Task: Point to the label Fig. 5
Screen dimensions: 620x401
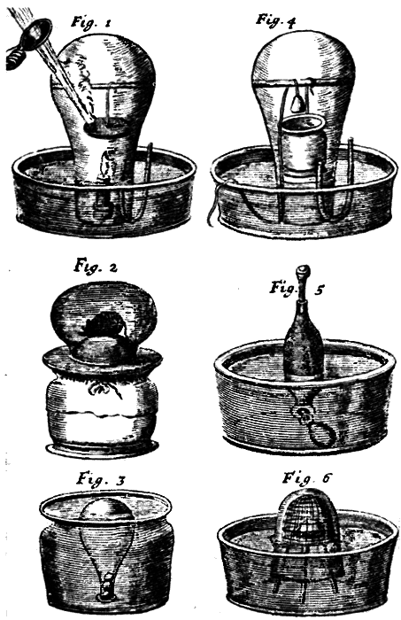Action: [284, 289]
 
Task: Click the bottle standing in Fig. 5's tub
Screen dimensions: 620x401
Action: [303, 341]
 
